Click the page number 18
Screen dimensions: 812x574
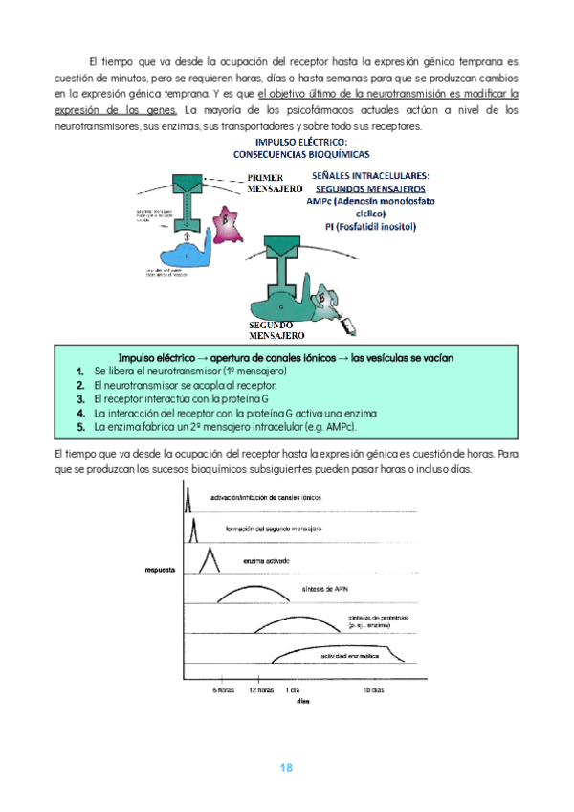tap(285, 768)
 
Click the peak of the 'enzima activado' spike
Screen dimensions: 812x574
tap(210, 548)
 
